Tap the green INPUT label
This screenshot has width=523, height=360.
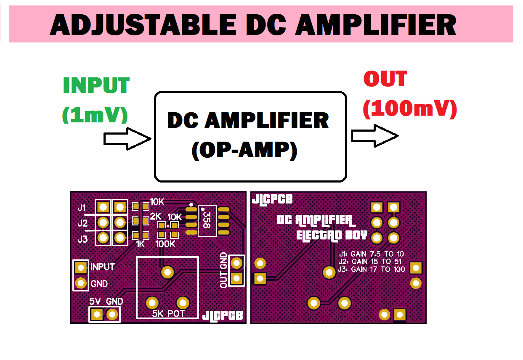[96, 86]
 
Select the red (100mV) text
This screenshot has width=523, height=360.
[409, 109]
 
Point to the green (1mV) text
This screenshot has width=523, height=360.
[95, 114]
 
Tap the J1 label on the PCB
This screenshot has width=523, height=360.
[82, 207]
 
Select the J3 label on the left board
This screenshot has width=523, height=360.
[82, 239]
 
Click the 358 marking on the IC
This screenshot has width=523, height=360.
[206, 220]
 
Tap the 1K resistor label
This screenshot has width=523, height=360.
[140, 244]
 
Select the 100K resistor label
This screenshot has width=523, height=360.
[165, 244]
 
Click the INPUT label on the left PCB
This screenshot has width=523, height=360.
[102, 267]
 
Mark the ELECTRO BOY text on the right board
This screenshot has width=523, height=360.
[332, 235]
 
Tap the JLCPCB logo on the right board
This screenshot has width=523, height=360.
[272, 199]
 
